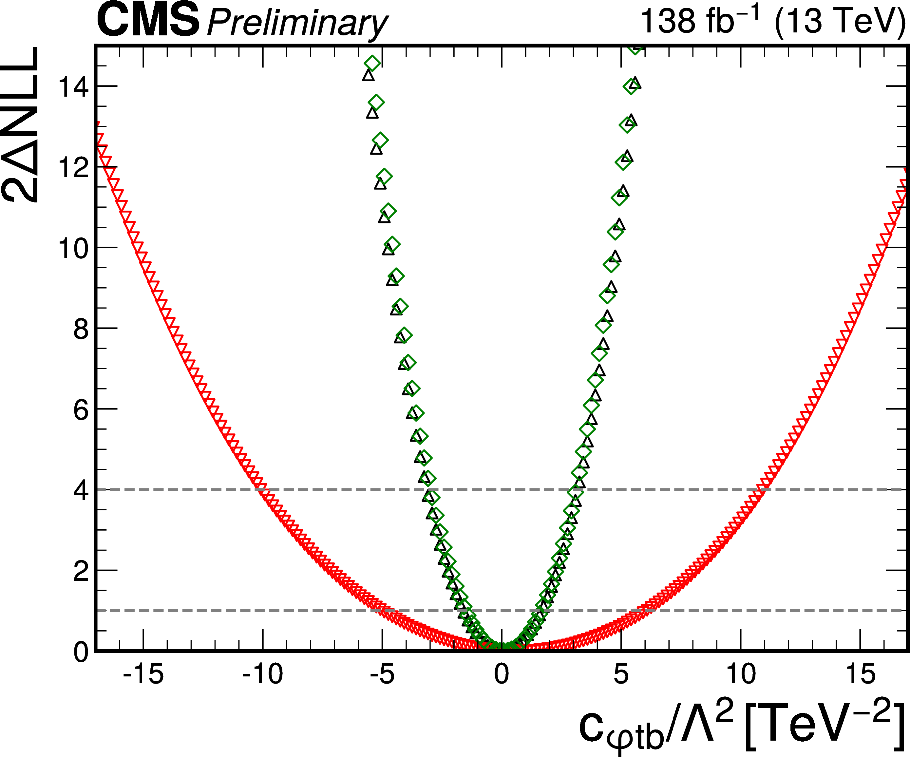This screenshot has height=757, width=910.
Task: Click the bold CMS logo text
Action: (x=148, y=20)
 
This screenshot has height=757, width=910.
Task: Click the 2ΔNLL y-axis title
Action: (x=21, y=124)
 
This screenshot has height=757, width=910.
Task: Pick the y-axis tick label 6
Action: (x=81, y=409)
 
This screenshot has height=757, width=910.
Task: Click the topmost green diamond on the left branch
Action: (x=372, y=63)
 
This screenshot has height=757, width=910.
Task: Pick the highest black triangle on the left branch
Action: (x=368, y=75)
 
